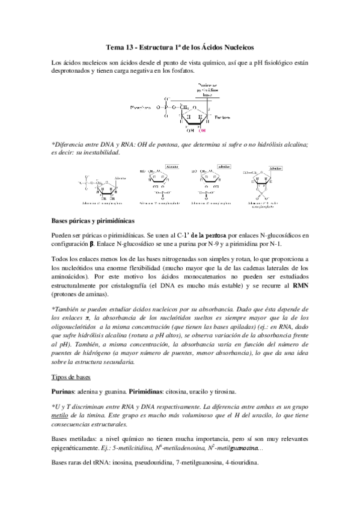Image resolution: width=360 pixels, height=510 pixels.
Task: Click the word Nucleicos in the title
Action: pos(237,46)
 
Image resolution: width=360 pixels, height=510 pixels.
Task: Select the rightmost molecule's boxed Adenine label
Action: pos(276,168)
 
